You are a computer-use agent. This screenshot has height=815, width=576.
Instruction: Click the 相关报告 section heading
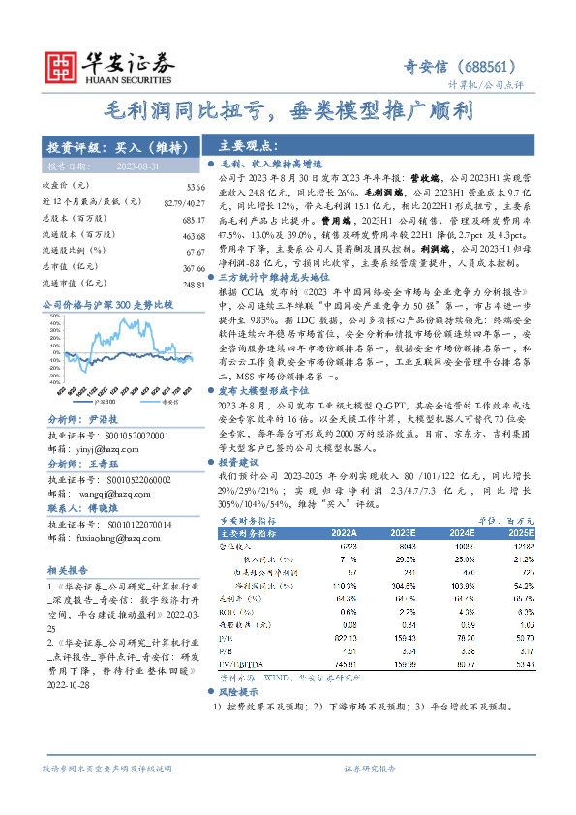coord(69,570)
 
